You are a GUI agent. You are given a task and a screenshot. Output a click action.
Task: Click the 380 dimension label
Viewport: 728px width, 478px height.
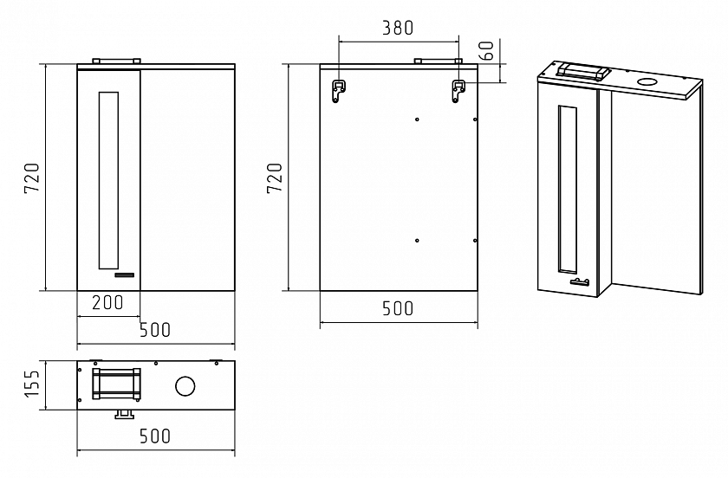tap(398, 28)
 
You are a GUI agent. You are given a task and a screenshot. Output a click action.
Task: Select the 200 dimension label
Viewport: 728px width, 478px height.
tap(107, 302)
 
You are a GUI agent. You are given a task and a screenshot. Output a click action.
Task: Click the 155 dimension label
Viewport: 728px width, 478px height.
tap(32, 384)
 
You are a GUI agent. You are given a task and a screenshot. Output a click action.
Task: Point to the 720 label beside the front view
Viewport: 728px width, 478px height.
tap(32, 178)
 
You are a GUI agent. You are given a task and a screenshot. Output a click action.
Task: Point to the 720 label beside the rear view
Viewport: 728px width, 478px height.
tap(275, 178)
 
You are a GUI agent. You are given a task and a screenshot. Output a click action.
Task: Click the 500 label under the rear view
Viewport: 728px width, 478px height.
tap(398, 308)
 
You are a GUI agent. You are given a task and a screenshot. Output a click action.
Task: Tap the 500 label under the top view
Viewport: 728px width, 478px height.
tap(155, 436)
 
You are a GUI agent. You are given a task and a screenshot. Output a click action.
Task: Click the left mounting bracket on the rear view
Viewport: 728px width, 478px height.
tap(339, 91)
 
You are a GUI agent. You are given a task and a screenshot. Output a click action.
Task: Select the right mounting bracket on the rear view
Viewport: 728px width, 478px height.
tap(458, 91)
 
